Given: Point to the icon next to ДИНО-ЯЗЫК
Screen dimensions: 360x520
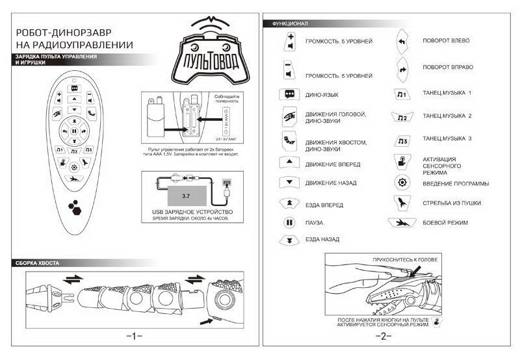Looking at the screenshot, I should coord(287,94).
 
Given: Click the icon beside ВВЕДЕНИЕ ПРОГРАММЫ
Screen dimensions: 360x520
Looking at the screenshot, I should coord(402,183).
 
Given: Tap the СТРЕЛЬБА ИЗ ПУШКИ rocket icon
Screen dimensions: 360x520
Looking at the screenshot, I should coord(402,203).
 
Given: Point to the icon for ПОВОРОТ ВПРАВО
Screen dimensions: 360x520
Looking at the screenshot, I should coord(402,67).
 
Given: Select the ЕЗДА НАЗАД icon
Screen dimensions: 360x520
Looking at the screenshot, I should coord(287,240).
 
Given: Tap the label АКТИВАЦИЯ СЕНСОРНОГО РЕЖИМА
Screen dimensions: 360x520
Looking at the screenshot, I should coord(439,166).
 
